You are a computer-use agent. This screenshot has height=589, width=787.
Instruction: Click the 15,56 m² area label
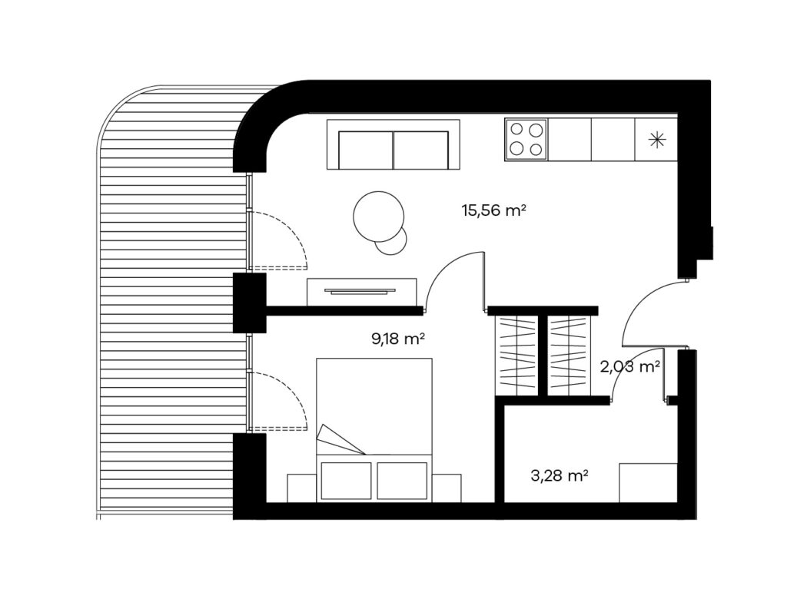click(493, 210)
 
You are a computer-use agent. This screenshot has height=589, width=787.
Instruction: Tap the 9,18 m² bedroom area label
click(397, 339)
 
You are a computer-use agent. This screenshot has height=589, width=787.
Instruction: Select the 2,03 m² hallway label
click(629, 367)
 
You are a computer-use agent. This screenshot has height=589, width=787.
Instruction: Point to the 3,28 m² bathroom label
click(560, 475)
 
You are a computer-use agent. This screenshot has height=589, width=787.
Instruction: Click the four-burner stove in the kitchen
click(526, 140)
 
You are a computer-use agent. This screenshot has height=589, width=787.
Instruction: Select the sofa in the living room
click(393, 144)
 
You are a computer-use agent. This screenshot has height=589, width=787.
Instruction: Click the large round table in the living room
click(378, 217)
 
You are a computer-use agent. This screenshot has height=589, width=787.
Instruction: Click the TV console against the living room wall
click(361, 292)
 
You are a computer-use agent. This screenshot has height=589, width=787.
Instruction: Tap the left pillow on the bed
click(346, 481)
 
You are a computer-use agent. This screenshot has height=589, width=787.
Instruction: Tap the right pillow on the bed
click(402, 481)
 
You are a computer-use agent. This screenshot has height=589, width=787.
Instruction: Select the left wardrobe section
click(516, 356)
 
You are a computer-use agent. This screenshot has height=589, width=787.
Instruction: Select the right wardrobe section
click(568, 356)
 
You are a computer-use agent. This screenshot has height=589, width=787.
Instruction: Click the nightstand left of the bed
click(301, 488)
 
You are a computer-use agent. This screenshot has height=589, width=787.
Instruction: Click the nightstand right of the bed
click(447, 488)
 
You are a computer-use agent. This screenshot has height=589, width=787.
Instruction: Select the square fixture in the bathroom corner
click(648, 482)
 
